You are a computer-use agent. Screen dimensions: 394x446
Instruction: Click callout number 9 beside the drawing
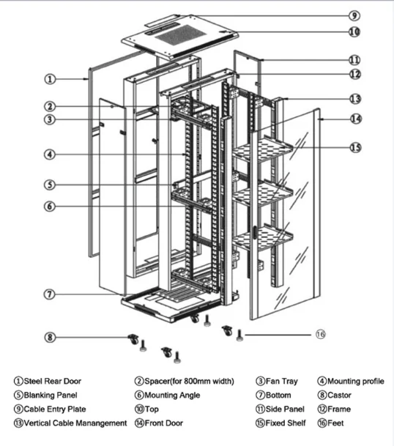point(354,15)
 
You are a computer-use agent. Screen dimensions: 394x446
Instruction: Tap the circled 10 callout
point(354,31)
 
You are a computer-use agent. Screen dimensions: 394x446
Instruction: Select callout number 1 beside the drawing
point(50,79)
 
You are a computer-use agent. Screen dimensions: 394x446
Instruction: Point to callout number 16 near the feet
point(321,334)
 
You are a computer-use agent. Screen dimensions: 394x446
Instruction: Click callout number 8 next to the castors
point(50,338)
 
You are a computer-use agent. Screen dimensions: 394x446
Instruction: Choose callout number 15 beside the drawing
point(355,148)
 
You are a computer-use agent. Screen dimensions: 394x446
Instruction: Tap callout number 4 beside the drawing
point(50,155)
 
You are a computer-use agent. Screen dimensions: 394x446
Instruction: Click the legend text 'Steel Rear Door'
point(53,381)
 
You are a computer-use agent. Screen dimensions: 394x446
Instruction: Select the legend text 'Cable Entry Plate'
point(55,409)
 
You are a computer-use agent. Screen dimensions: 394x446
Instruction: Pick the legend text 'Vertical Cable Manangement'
point(75,423)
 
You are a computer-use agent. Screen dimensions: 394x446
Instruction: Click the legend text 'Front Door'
point(164,423)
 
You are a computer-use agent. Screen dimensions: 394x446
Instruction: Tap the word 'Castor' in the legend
point(339,395)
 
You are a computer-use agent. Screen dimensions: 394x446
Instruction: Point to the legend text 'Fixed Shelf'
point(286,423)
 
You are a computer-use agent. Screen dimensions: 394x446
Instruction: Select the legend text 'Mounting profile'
point(356,381)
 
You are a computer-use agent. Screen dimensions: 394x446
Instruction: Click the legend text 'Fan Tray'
point(282,381)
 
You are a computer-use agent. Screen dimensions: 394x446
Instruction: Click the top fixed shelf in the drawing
point(263,150)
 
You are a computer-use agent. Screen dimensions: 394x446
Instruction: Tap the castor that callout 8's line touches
point(133,339)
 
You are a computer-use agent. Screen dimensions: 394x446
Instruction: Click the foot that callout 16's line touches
point(239,335)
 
